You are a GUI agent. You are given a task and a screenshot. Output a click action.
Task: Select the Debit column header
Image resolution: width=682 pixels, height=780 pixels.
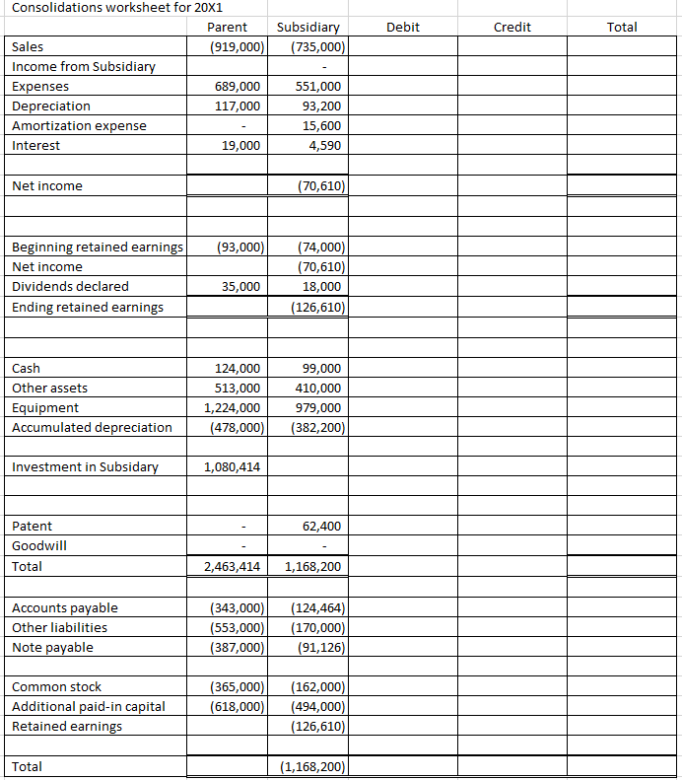pos(402,28)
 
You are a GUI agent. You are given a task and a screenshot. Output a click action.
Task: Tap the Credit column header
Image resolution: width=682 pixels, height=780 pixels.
pos(511,28)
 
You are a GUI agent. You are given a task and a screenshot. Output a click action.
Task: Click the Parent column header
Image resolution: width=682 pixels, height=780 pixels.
pos(229,28)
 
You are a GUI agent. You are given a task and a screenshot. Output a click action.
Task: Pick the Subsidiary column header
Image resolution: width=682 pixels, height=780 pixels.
pos(308,28)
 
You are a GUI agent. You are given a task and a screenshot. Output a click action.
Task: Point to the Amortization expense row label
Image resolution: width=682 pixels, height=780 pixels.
pos(79,125)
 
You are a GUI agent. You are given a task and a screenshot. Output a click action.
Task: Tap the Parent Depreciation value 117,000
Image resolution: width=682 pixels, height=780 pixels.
pos(239,106)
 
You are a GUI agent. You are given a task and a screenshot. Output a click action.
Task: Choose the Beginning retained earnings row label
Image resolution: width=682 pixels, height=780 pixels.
pos(97,247)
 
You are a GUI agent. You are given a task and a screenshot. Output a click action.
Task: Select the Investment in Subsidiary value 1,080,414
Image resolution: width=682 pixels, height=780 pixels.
pos(233,466)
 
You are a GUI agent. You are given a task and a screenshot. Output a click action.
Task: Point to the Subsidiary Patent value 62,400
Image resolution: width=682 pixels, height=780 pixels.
pos(321,526)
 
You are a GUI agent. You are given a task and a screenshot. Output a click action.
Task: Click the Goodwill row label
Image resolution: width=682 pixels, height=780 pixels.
pos(34,545)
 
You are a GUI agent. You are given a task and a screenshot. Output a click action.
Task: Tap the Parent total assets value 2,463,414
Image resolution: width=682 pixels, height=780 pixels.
pos(233,567)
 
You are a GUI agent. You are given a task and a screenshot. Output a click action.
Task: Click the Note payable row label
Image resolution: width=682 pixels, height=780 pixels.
pos(52,647)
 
